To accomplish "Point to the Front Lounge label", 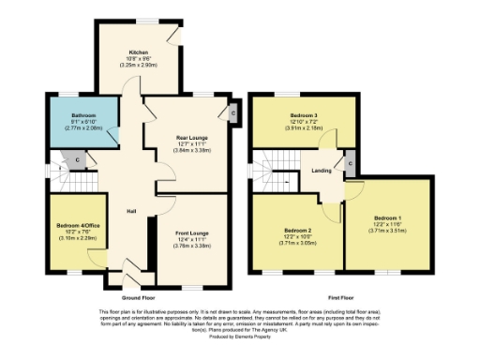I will (191, 232).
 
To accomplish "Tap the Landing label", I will (322, 170).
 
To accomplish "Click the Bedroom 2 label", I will (297, 230).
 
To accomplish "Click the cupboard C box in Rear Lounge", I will (232, 113).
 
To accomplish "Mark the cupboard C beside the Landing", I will (349, 164).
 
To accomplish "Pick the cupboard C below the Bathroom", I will (79, 159).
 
